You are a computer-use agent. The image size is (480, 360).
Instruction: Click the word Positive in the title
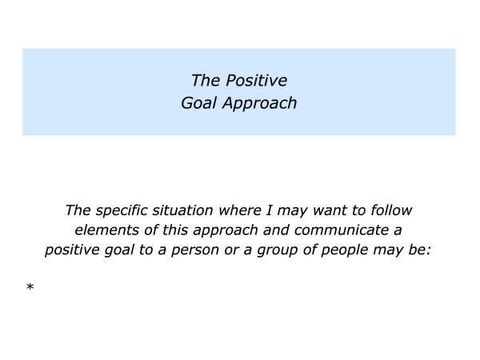(x=257, y=81)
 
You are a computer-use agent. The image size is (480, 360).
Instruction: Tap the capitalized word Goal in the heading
(x=199, y=103)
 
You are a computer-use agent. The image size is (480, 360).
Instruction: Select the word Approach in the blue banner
(x=259, y=103)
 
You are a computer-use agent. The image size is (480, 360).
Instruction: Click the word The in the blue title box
(x=206, y=81)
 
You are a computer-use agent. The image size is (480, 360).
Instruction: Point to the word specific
(x=122, y=211)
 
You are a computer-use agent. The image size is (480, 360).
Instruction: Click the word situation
(x=182, y=210)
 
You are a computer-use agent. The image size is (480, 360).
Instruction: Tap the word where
(x=240, y=210)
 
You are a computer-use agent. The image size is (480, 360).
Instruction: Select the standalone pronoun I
(x=269, y=210)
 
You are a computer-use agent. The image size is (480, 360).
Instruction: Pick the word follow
(x=391, y=210)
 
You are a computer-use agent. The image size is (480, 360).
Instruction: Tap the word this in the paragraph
(x=175, y=230)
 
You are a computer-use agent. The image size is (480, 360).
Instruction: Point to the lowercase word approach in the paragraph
(x=226, y=230)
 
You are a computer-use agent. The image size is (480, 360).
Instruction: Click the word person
(x=195, y=250)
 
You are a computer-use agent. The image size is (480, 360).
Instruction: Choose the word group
(x=278, y=250)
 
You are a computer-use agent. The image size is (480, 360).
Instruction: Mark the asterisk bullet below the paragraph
(x=30, y=287)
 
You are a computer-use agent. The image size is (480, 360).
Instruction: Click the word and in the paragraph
(x=276, y=230)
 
